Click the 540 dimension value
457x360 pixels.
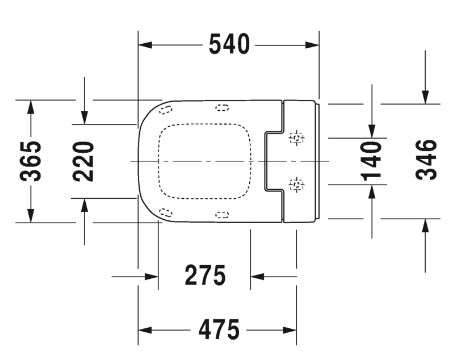(229, 45)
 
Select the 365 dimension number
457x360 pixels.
(32, 160)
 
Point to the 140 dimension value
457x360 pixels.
(371, 160)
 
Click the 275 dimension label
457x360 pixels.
(204, 275)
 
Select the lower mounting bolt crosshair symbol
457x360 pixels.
(295, 183)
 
